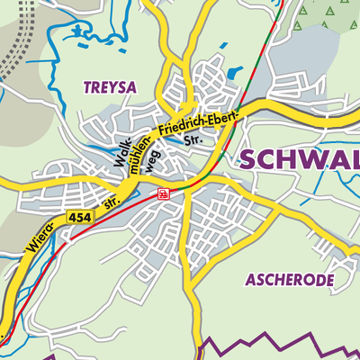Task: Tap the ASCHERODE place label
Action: [x=289, y=280]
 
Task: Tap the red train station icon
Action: [x=162, y=193]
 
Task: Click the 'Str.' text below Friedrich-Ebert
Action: [x=192, y=141]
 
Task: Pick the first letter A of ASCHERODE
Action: [x=251, y=280]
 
